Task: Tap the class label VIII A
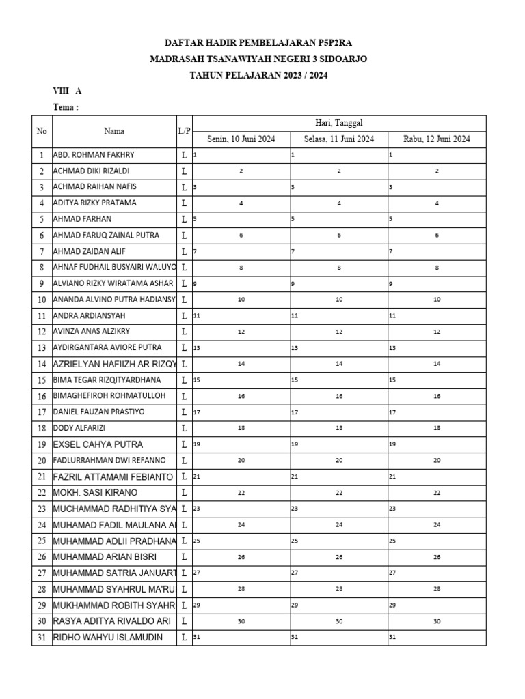point(68,91)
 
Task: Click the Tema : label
point(66,107)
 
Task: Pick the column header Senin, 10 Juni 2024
point(241,139)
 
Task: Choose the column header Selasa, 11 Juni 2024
point(339,139)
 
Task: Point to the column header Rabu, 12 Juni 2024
point(437,139)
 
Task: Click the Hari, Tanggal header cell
point(339,123)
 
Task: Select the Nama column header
point(114,131)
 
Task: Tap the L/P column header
point(183,131)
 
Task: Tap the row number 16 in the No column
point(42,397)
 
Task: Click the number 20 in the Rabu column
point(437,461)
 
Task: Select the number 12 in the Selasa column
point(339,332)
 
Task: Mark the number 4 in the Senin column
point(241,203)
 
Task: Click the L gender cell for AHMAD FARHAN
point(183,219)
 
